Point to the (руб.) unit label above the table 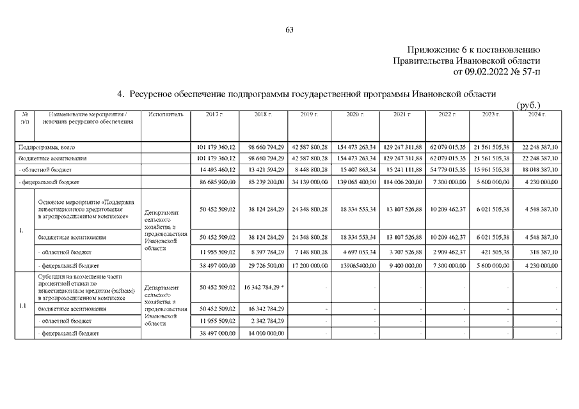[x=528, y=104]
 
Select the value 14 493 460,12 [x=217, y=169]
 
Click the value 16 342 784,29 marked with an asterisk [x=264, y=288]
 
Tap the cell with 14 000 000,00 [x=264, y=333]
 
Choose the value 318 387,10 [x=543, y=252]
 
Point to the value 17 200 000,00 [x=310, y=265]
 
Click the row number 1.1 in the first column [x=22, y=305]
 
